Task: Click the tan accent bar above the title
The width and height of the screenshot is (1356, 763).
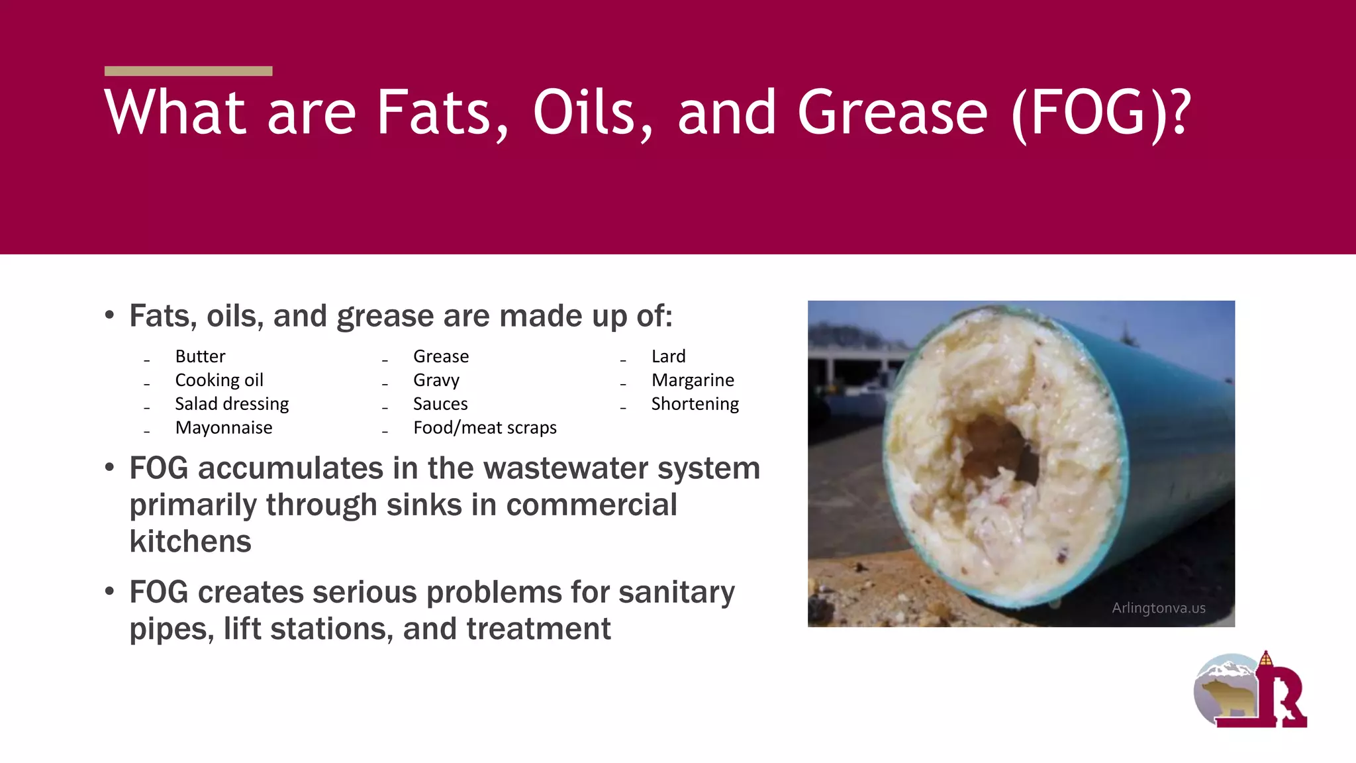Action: tap(188, 71)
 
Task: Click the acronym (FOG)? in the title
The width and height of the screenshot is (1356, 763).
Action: tap(1101, 113)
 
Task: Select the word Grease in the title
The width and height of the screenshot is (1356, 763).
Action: tap(893, 113)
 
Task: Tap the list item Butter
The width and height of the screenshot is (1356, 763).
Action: tap(200, 356)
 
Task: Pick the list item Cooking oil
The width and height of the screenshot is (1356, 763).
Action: tap(219, 380)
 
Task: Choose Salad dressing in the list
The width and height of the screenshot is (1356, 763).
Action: tap(232, 404)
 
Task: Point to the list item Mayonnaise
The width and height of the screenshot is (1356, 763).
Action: tap(224, 428)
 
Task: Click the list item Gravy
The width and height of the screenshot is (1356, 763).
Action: tap(436, 380)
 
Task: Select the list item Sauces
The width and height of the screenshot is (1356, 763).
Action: tap(440, 404)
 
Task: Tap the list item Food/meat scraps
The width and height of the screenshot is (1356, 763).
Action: tap(485, 428)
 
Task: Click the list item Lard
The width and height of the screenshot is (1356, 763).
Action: tap(668, 356)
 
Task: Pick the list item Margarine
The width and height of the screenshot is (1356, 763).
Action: tap(693, 380)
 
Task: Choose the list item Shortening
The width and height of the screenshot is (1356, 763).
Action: tap(695, 404)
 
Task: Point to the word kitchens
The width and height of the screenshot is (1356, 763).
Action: tap(191, 542)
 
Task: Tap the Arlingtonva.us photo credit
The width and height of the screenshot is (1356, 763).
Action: tap(1158, 608)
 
